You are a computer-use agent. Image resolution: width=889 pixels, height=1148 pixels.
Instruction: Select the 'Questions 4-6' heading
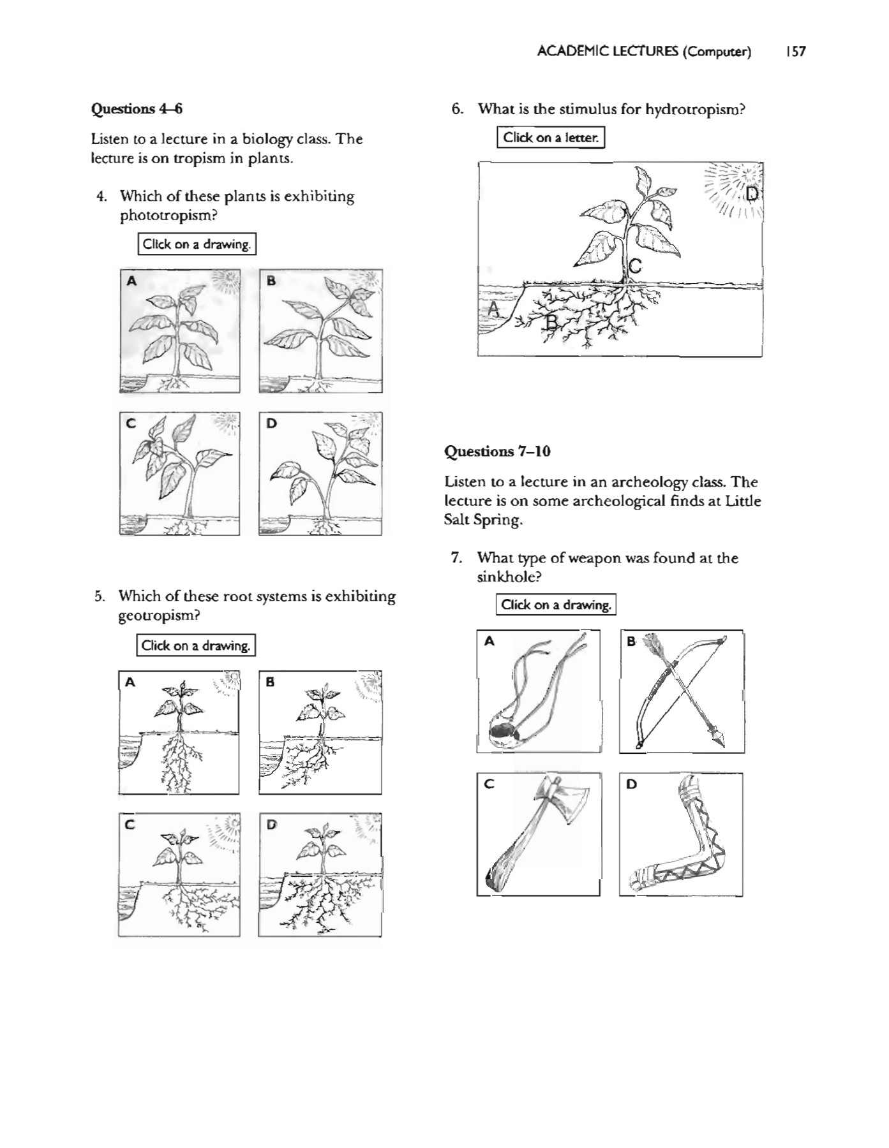(137, 109)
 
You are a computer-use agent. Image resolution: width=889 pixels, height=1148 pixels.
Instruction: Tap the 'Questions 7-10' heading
(497, 452)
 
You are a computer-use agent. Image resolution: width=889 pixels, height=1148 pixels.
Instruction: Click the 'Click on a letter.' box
(551, 137)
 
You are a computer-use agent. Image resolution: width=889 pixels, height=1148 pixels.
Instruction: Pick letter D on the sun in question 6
(752, 193)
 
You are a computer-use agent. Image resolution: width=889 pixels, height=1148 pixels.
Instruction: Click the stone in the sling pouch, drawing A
(504, 731)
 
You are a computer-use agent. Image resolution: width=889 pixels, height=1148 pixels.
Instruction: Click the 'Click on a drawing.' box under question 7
(556, 605)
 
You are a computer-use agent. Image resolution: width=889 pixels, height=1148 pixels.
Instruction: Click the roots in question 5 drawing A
(179, 762)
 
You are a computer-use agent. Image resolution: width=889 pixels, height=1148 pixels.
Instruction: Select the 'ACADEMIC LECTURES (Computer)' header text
(644, 52)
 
